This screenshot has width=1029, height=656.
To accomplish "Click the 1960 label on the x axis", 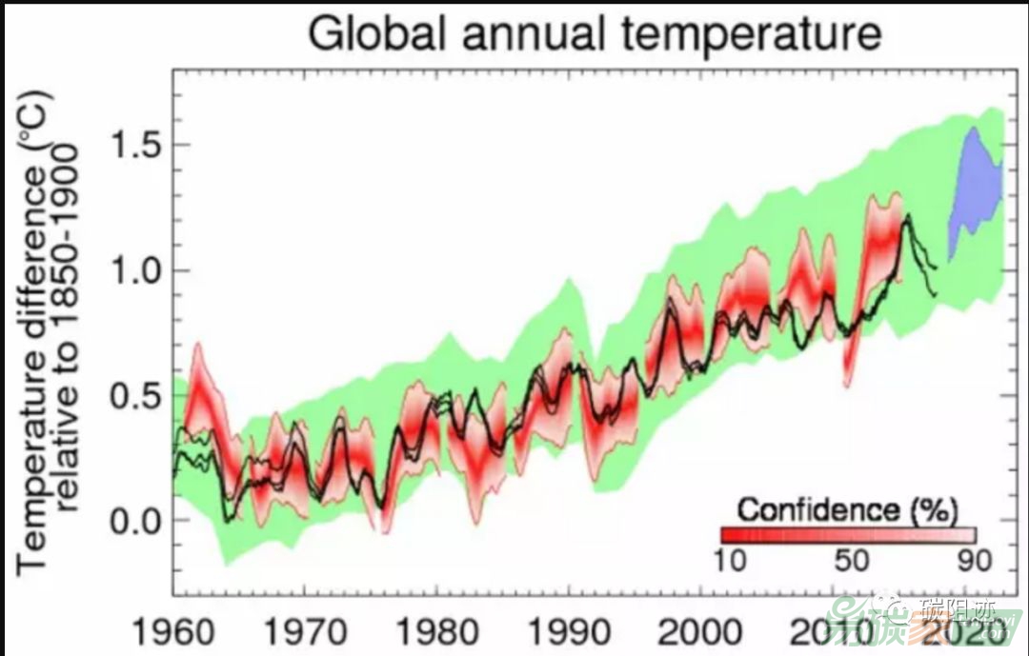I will pos(172,632).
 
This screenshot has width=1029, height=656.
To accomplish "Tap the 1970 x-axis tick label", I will pos(304,632).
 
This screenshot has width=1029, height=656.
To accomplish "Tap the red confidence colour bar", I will pos(848,534).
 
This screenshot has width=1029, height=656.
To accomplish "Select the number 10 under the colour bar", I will pos(732,560).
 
